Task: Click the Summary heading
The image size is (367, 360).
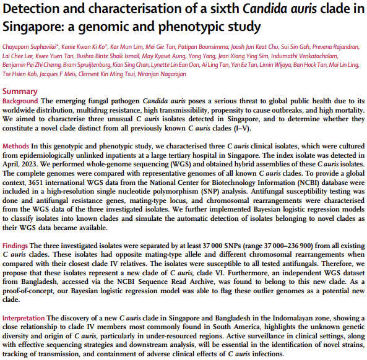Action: (x=20, y=92)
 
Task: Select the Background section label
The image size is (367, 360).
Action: (x=20, y=101)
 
